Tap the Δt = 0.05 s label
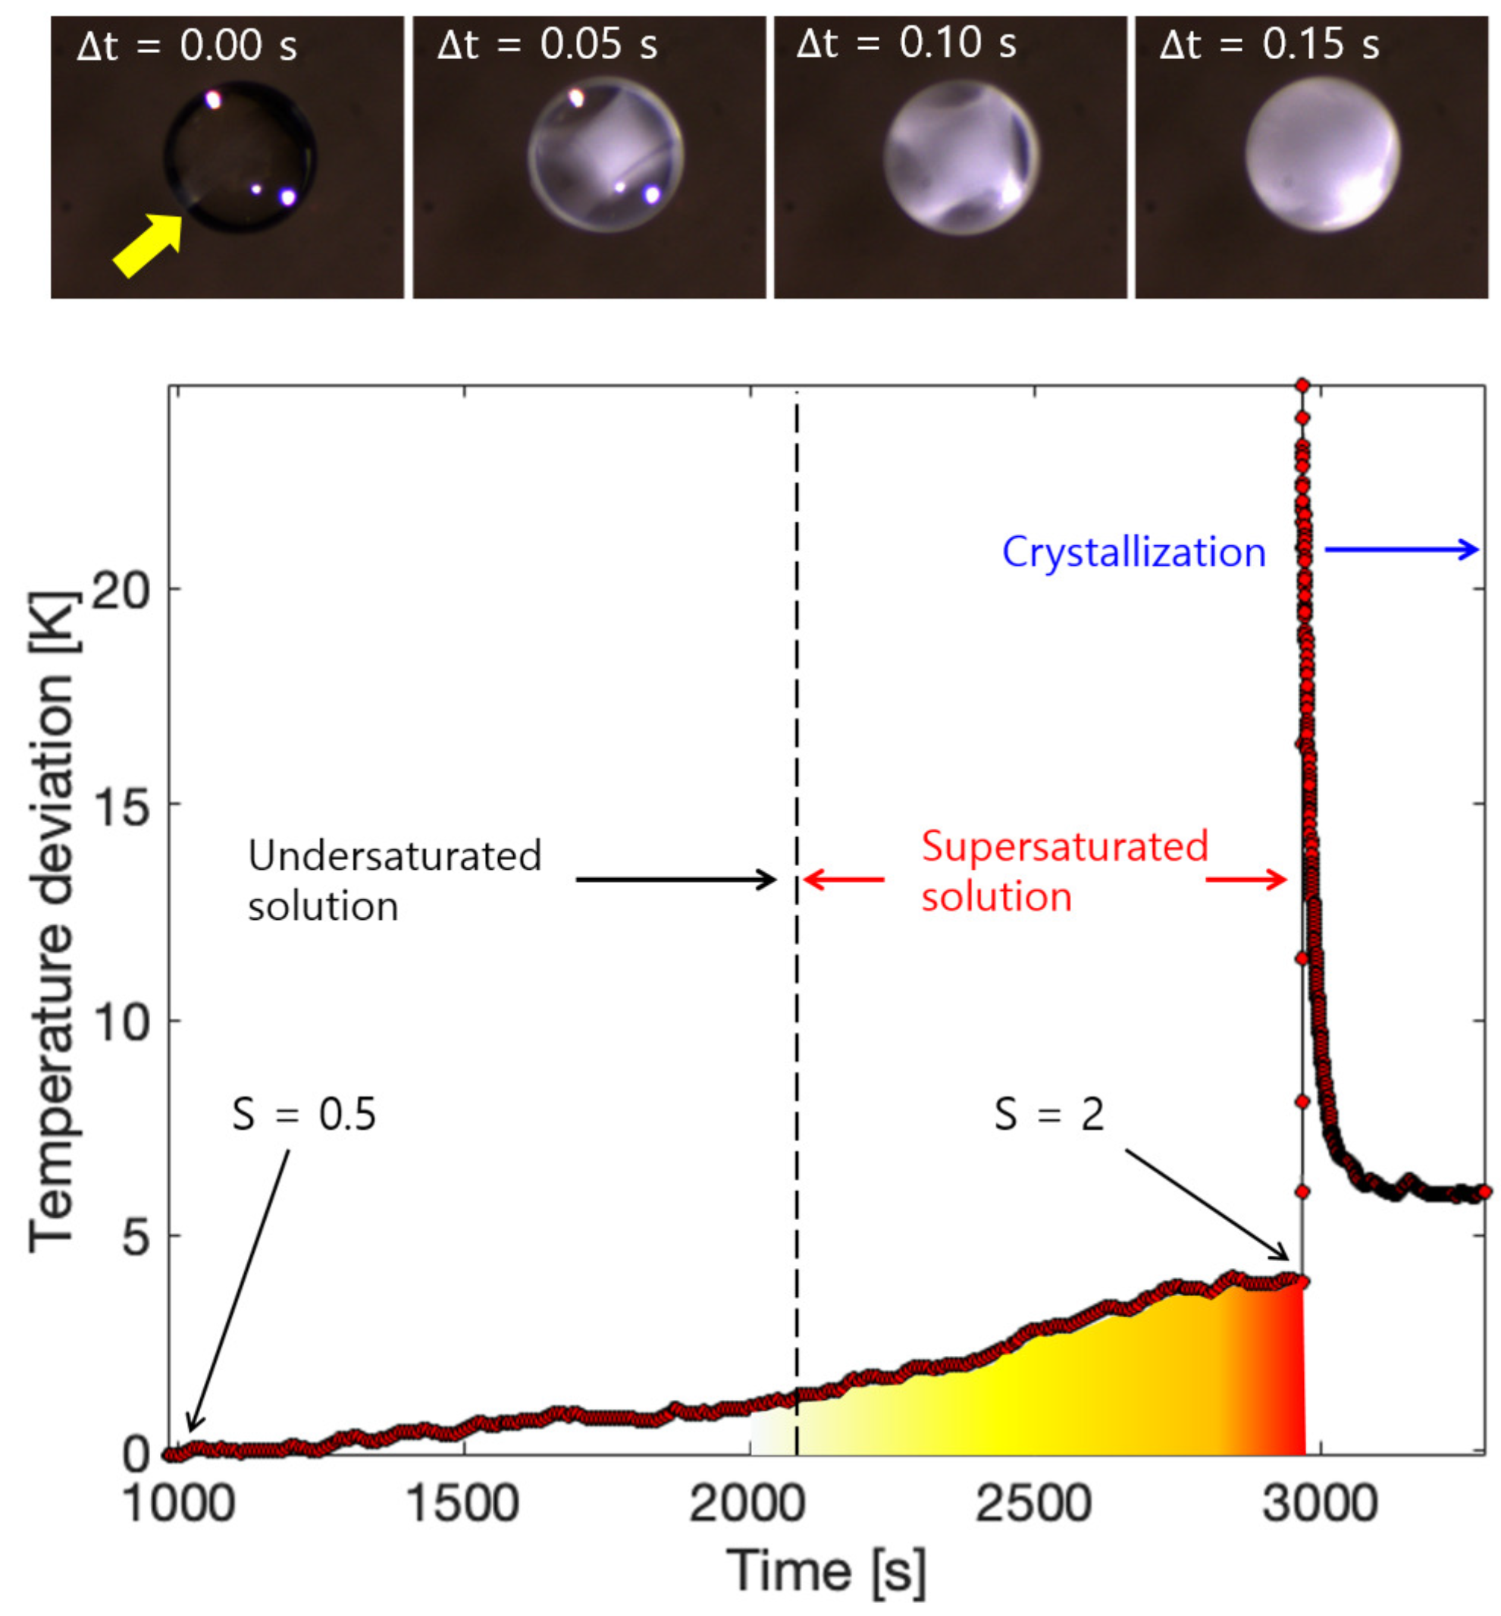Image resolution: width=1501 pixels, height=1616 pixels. pos(547,44)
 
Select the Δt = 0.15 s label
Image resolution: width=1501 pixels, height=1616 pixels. pos(1270,44)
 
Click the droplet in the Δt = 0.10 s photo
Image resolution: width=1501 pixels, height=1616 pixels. pos(961,157)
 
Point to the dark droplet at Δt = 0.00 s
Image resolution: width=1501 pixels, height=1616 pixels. pos(240,157)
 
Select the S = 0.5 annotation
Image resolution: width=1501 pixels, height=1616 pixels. pos(304,1114)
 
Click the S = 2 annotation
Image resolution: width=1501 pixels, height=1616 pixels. pos(1048,1114)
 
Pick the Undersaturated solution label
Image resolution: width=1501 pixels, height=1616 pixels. pos(394,880)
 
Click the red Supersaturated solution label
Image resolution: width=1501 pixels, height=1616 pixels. pos(1064,871)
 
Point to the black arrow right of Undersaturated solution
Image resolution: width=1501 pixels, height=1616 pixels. pos(675,879)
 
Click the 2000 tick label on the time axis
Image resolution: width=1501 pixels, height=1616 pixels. pos(747,1505)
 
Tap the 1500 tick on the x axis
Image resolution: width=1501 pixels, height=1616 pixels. pos(462,1505)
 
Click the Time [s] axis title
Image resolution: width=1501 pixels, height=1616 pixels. pos(826,1571)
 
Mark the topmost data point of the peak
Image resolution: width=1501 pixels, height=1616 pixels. pos(1302,384)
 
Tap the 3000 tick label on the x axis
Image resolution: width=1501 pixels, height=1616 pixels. pos(1320,1505)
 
